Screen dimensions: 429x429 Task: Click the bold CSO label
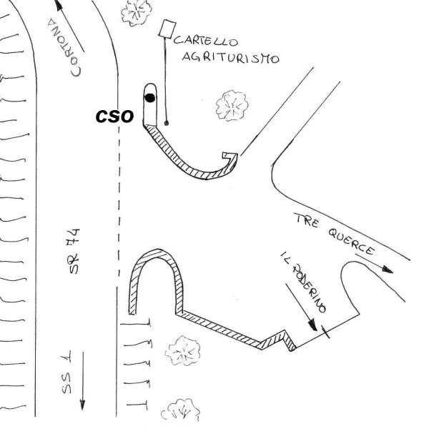[114, 116]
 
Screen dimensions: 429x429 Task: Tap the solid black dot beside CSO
[149, 97]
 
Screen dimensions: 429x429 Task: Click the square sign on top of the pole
[168, 29]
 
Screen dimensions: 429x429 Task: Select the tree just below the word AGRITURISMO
[231, 105]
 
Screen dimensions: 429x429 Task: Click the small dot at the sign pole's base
[167, 123]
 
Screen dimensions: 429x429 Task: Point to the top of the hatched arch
[154, 254]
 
